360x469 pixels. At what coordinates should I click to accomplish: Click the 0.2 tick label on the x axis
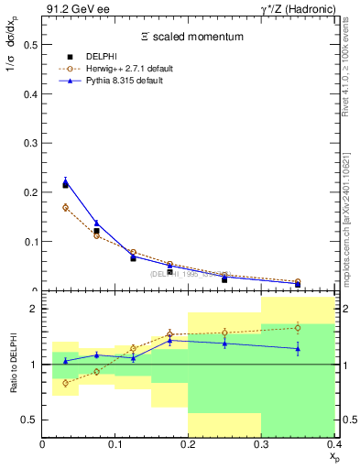coord(188,444)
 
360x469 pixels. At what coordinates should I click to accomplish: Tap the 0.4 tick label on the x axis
coord(333,444)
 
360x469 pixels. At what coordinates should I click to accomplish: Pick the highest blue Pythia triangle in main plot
coord(65,181)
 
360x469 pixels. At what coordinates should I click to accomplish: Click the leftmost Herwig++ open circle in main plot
coord(65,207)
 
